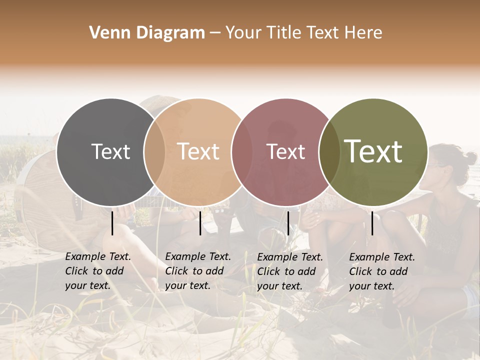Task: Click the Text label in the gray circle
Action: pyautogui.click(x=110, y=151)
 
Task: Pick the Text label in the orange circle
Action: pyautogui.click(x=198, y=151)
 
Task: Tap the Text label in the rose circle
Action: pyautogui.click(x=286, y=151)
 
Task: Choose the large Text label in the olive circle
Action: pyautogui.click(x=373, y=151)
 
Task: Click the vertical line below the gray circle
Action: pyautogui.click(x=112, y=223)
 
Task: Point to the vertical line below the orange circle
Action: pyautogui.click(x=200, y=223)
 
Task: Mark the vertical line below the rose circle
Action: pyautogui.click(x=288, y=223)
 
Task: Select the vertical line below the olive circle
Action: pyautogui.click(x=372, y=223)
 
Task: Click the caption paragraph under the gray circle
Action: pyautogui.click(x=97, y=271)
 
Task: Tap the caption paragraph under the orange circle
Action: pyautogui.click(x=197, y=271)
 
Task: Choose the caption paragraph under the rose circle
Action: pyautogui.click(x=289, y=271)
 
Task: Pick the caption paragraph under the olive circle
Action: pyautogui.click(x=381, y=271)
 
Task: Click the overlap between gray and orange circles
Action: pyautogui.click(x=154, y=152)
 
